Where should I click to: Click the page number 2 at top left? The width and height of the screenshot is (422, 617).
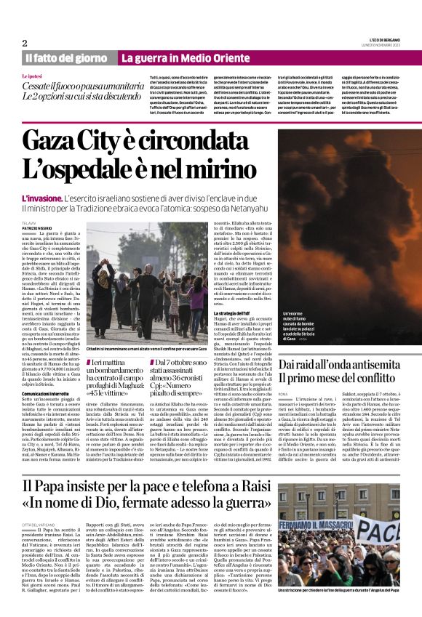point(24,43)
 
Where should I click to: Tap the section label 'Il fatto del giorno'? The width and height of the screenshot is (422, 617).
point(67,58)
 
